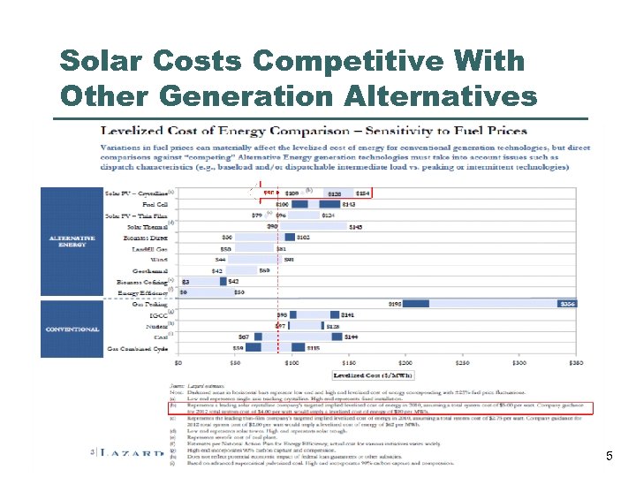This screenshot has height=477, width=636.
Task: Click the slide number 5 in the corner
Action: (609, 456)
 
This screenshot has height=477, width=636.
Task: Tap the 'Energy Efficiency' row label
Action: (141, 292)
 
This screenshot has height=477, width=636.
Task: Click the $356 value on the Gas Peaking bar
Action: (568, 303)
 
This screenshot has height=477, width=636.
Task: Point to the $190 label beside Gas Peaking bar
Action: (396, 303)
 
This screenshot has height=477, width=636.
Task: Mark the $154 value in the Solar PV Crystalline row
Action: (363, 193)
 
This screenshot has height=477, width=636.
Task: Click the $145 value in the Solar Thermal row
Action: (355, 226)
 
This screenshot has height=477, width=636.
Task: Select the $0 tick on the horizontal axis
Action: (180, 361)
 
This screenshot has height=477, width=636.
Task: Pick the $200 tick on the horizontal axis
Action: (405, 361)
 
